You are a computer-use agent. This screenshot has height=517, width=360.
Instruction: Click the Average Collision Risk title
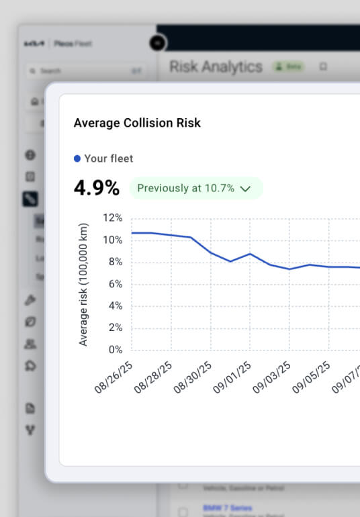click(137, 123)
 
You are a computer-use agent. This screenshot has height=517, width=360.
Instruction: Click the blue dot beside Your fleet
click(77, 158)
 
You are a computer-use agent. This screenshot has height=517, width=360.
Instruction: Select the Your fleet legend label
click(109, 158)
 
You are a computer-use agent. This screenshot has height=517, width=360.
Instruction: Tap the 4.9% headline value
click(96, 188)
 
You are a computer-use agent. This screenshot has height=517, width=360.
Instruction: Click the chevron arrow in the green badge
click(245, 189)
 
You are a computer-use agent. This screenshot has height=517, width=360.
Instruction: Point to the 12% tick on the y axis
click(112, 218)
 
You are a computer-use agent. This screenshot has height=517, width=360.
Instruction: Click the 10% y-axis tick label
click(112, 240)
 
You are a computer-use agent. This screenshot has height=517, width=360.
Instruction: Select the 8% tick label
click(114, 262)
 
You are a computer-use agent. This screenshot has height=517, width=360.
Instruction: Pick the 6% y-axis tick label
click(114, 284)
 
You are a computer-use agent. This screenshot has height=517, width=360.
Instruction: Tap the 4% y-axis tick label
click(114, 305)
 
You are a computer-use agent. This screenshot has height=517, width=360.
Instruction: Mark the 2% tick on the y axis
click(114, 328)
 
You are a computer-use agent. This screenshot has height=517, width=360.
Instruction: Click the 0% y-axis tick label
click(114, 350)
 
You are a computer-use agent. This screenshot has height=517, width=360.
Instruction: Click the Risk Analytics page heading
click(216, 67)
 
